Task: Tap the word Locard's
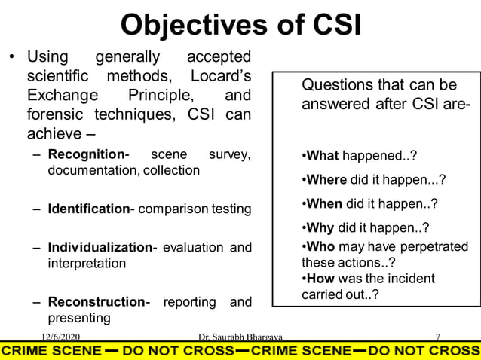pyautogui.click(x=222, y=77)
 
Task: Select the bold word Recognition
pyautogui.click(x=85, y=154)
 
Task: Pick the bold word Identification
pyautogui.click(x=89, y=209)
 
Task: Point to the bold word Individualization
pyautogui.click(x=100, y=248)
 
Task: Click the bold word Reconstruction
pyautogui.click(x=96, y=302)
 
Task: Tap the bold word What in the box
pyautogui.click(x=323, y=156)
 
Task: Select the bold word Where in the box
pyautogui.click(x=326, y=180)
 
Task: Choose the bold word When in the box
pyautogui.click(x=325, y=203)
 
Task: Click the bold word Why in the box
pyautogui.click(x=320, y=227)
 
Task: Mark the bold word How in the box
pyautogui.click(x=320, y=279)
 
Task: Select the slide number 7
pyautogui.click(x=438, y=336)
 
